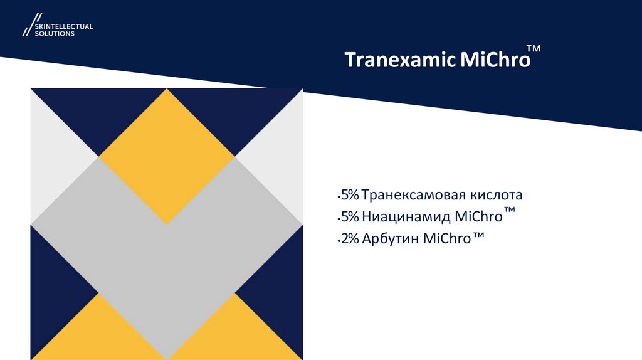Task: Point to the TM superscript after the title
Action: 534,48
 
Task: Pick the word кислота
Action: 498,195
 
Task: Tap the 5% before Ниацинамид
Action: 349,217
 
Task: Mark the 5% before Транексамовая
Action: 349,195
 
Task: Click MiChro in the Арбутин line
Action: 447,239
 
